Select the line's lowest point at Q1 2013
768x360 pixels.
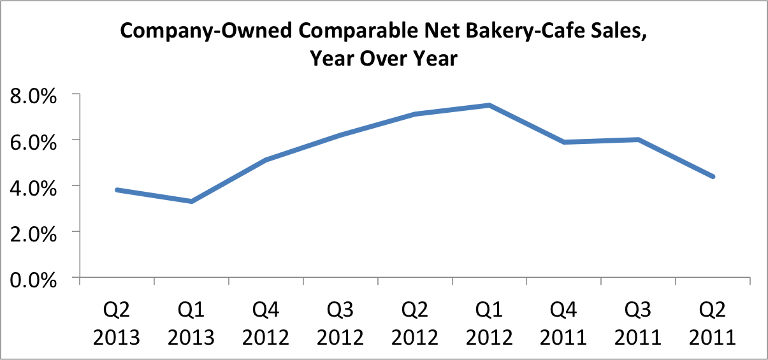191,201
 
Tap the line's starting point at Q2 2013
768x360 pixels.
117,190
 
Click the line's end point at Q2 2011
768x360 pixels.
713,176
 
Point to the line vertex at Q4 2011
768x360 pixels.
563,142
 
